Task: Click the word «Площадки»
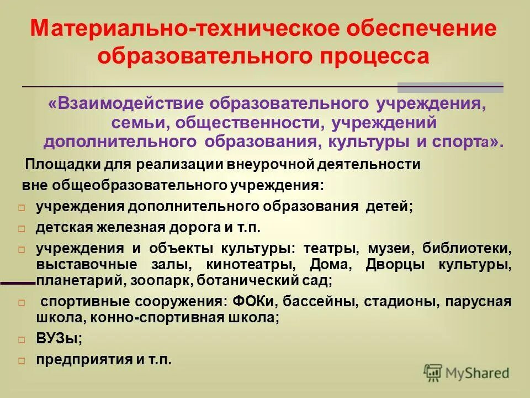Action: point(60,164)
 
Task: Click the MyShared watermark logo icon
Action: point(433,372)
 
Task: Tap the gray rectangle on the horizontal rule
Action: point(451,87)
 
